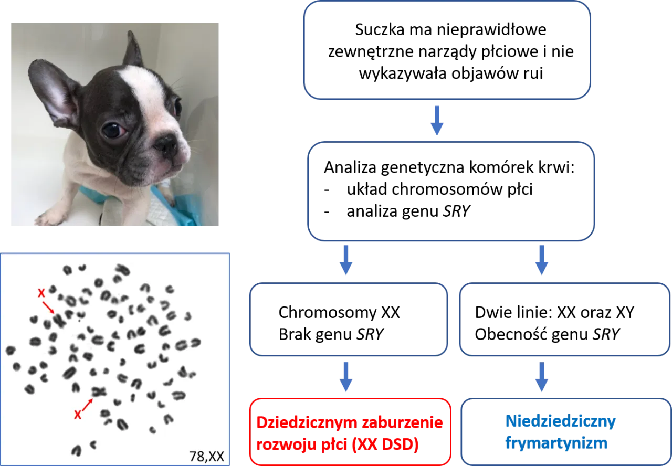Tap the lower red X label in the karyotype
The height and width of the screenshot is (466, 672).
pos(78,415)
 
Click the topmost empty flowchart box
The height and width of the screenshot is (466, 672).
pos(447,50)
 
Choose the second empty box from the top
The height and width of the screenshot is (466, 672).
pos(451,190)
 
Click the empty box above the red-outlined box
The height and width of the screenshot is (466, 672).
pos(348,319)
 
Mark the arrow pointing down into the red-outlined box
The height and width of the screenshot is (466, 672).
pos(345,377)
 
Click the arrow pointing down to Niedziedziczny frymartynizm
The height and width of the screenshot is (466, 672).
pos(541,377)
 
